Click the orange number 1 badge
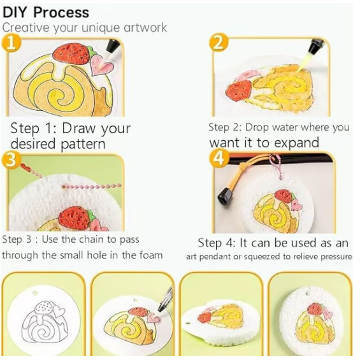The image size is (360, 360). (11, 43)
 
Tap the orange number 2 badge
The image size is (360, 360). (219, 42)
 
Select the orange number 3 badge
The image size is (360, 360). (11, 159)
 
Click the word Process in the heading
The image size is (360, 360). (61, 13)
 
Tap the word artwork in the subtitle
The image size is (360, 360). (145, 27)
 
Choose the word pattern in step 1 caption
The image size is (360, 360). (83, 144)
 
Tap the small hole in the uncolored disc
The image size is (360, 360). (34, 293)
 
